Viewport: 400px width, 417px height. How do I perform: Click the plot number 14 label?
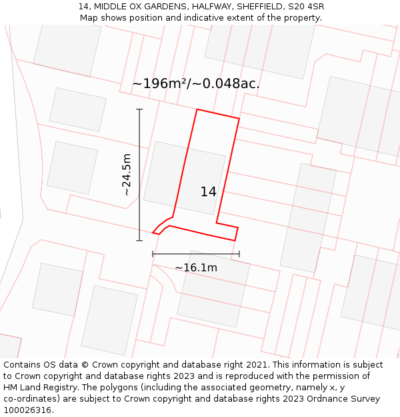point(208,192)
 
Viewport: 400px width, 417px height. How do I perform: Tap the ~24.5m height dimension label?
point(127,174)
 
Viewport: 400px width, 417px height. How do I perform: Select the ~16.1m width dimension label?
point(196,268)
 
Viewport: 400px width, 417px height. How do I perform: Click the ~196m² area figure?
point(161,84)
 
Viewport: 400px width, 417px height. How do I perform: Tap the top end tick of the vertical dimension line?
point(139,109)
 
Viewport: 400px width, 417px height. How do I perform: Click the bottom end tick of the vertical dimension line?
point(139,240)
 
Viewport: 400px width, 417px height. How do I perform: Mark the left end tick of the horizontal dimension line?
point(153,254)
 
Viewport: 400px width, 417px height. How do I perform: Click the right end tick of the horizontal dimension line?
point(239,254)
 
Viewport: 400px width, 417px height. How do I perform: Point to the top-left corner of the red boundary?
point(197,109)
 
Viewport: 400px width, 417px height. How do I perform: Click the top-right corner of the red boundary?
point(239,119)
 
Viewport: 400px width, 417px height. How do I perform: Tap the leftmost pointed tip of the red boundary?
point(153,233)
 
